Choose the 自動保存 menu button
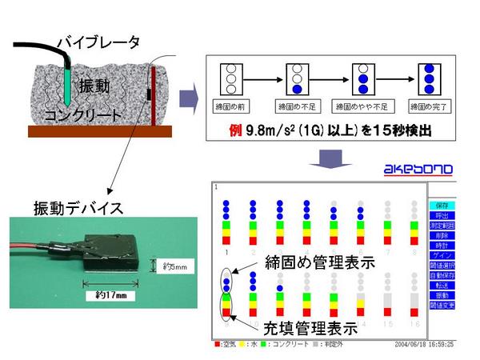point(442,274)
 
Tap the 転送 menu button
point(442,285)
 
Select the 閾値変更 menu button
point(442,305)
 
